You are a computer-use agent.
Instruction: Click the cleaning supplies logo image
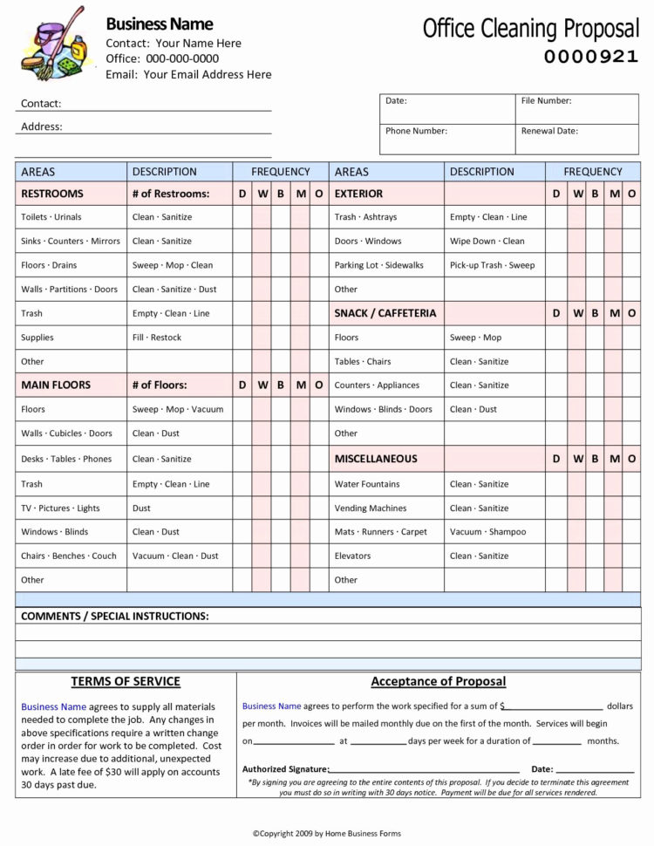pyautogui.click(x=53, y=44)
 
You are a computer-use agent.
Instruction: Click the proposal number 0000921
pyautogui.click(x=590, y=58)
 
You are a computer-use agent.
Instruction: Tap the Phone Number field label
pyautogui.click(x=416, y=131)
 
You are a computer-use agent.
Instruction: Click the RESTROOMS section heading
pyautogui.click(x=52, y=194)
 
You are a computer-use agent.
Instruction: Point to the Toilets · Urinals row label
pyautogui.click(x=51, y=217)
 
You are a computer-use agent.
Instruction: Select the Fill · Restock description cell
pyautogui.click(x=157, y=338)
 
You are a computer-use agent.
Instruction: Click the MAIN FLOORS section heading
pyautogui.click(x=56, y=385)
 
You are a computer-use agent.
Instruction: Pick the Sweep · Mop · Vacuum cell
pyautogui.click(x=178, y=409)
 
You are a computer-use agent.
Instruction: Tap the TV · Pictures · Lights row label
pyautogui.click(x=60, y=508)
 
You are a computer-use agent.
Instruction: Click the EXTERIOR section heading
pyautogui.click(x=358, y=194)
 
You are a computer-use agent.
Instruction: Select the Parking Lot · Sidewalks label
pyautogui.click(x=378, y=265)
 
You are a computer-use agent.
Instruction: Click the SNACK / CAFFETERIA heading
pyautogui.click(x=385, y=313)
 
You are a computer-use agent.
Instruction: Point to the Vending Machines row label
pyautogui.click(x=370, y=508)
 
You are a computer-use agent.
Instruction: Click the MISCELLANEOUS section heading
pyautogui.click(x=376, y=459)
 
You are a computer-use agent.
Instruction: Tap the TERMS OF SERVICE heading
pyautogui.click(x=126, y=682)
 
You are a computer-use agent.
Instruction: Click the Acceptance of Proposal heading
pyautogui.click(x=438, y=682)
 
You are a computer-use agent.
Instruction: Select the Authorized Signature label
pyautogui.click(x=285, y=769)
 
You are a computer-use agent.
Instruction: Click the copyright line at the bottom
pyautogui.click(x=326, y=834)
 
